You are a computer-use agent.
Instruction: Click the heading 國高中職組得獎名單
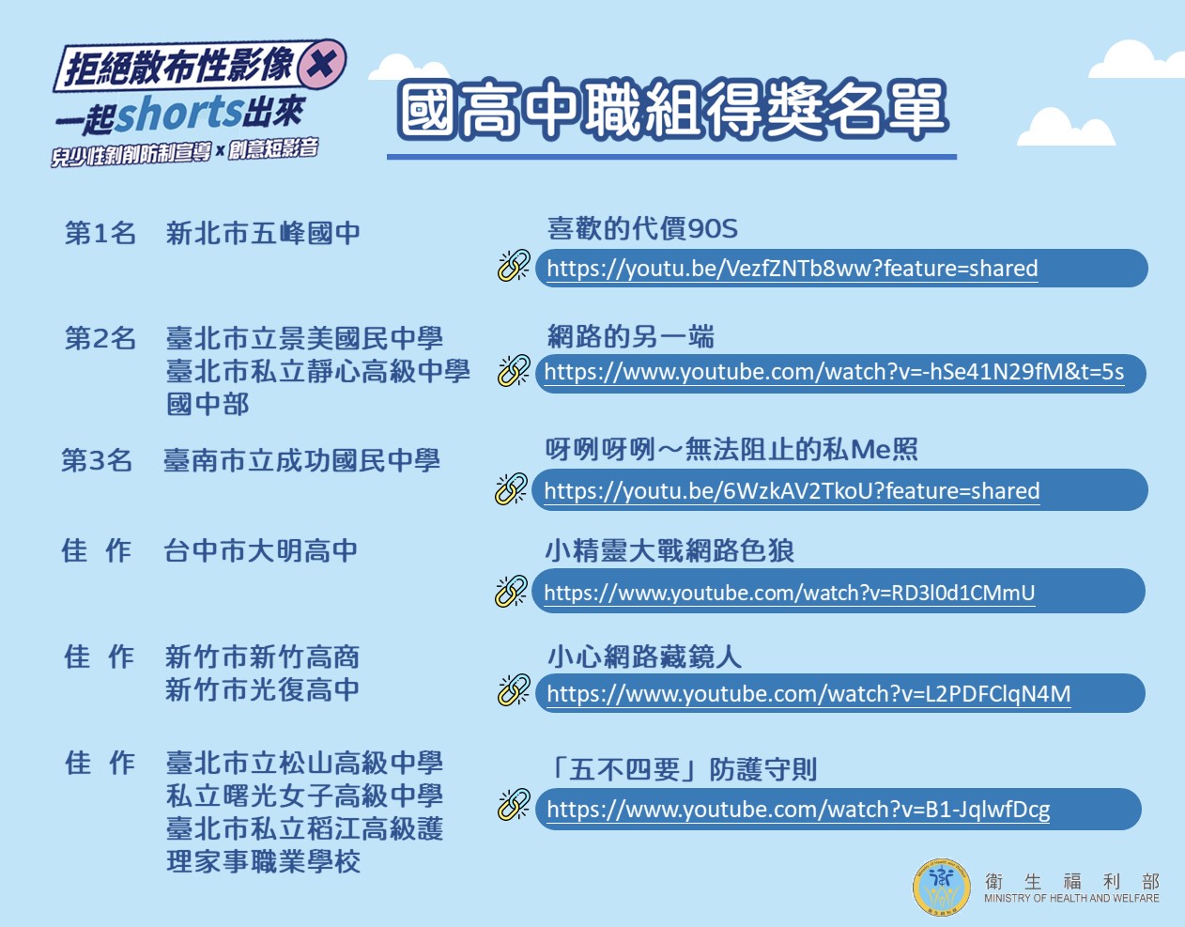(x=671, y=110)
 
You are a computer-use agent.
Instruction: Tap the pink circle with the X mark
(x=322, y=65)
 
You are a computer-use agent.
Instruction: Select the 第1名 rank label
(x=100, y=233)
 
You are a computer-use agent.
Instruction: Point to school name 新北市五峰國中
(x=263, y=233)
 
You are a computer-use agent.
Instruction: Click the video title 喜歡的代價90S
(x=642, y=228)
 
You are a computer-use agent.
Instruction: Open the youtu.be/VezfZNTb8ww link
(x=793, y=269)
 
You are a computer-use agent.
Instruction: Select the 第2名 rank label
(x=100, y=338)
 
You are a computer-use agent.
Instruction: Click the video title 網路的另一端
(x=630, y=336)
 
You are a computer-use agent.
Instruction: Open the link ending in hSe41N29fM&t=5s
(x=834, y=372)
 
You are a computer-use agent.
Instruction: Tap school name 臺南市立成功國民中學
(x=301, y=460)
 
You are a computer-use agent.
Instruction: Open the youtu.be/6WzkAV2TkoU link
(x=792, y=491)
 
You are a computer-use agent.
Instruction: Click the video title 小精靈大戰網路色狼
(x=669, y=550)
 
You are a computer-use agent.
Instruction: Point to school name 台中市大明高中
(x=261, y=550)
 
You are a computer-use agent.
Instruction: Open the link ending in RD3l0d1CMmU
(x=789, y=593)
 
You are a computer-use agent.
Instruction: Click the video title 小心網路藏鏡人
(x=644, y=657)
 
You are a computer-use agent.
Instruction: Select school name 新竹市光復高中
(x=262, y=689)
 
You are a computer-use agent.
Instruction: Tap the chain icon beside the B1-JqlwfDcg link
(x=514, y=803)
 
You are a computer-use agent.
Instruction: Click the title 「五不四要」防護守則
(x=683, y=770)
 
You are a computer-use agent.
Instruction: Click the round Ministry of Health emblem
(x=942, y=887)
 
